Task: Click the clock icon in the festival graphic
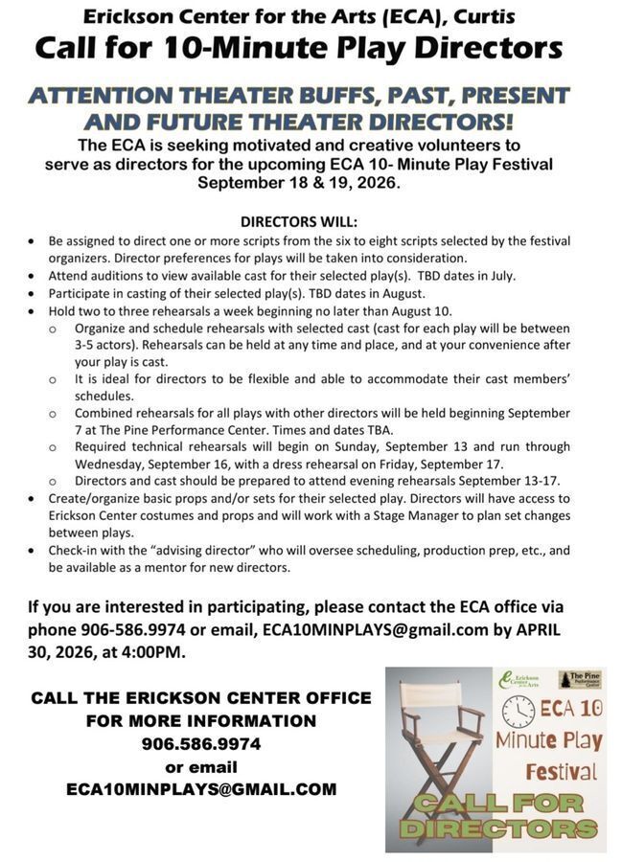[518, 710]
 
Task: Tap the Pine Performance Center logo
[579, 679]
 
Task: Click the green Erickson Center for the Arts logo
[518, 681]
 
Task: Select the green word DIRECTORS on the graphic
[497, 827]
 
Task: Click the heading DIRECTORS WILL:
[299, 219]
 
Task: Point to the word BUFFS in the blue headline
[371, 96]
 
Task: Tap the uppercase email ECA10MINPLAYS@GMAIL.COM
[201, 789]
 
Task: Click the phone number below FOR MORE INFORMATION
[201, 743]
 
